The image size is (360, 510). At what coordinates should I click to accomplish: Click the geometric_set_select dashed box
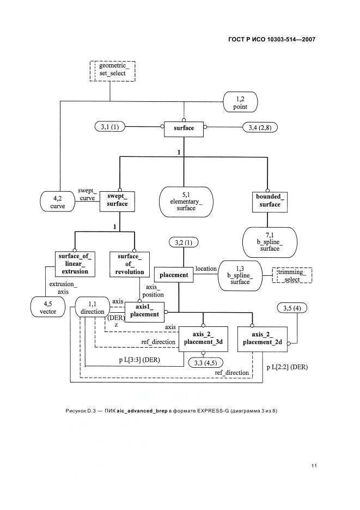click(113, 71)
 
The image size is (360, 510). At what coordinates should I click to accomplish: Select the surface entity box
click(184, 129)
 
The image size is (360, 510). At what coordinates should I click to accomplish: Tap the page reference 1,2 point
click(240, 102)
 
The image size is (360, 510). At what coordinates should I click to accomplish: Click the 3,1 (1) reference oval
click(110, 127)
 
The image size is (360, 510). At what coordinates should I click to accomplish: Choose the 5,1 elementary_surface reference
click(186, 202)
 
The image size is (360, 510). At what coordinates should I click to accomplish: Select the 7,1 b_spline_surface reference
click(270, 242)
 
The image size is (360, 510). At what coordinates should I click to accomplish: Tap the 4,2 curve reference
click(58, 202)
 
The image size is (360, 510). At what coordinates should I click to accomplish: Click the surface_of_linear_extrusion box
click(75, 264)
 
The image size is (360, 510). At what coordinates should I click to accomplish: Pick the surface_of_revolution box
click(130, 264)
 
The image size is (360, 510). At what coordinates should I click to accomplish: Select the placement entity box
click(174, 275)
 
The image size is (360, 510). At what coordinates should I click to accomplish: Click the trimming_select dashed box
click(292, 275)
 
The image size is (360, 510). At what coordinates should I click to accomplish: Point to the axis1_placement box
click(144, 312)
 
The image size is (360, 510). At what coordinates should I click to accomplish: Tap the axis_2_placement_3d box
click(203, 339)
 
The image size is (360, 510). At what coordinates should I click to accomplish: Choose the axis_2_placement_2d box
click(263, 339)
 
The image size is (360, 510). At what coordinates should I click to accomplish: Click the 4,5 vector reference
click(48, 307)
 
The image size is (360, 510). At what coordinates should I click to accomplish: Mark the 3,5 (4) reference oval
click(292, 308)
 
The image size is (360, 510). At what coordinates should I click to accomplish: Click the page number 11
click(314, 466)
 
